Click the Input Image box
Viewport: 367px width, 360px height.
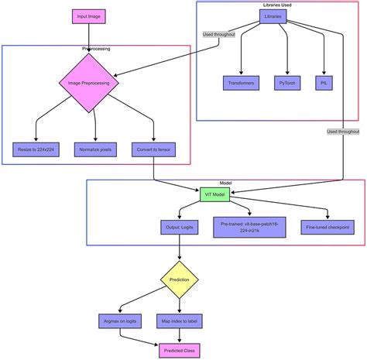88,15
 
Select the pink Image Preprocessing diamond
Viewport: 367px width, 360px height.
88,83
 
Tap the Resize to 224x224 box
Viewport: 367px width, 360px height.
35,148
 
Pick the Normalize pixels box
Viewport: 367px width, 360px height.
96,148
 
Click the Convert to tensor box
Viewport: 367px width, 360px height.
154,148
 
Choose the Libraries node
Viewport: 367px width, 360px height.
273,15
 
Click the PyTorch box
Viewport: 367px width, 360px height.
289,83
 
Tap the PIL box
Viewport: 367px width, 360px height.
324,83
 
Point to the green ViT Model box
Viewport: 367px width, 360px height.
214,194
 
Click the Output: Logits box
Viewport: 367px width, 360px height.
180,228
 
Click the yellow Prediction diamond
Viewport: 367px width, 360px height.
180,279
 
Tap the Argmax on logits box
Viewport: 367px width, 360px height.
119,319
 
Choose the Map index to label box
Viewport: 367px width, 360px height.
180,319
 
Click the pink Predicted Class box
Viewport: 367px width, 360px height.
180,351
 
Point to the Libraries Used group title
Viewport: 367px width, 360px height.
277,5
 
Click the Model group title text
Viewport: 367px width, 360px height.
225,183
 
